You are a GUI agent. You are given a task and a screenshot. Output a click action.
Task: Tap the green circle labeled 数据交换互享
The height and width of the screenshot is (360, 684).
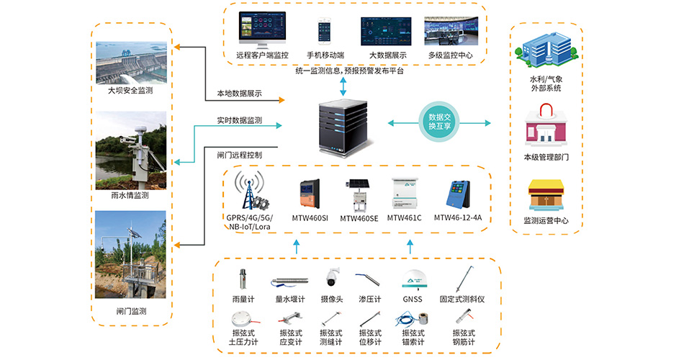[x=439, y=122]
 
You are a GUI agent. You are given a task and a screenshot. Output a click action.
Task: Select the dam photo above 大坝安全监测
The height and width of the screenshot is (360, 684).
[x=131, y=63]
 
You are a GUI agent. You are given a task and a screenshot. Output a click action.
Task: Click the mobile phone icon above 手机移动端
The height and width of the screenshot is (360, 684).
[x=322, y=32]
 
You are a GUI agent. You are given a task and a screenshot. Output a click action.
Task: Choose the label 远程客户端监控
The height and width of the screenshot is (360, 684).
[x=262, y=55]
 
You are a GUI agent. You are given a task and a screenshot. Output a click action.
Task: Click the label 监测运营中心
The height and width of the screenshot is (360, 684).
[x=545, y=221]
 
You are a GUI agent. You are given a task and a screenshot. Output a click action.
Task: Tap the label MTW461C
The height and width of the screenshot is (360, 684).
[x=404, y=217]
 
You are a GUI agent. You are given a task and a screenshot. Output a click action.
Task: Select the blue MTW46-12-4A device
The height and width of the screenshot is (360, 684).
[x=458, y=194]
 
